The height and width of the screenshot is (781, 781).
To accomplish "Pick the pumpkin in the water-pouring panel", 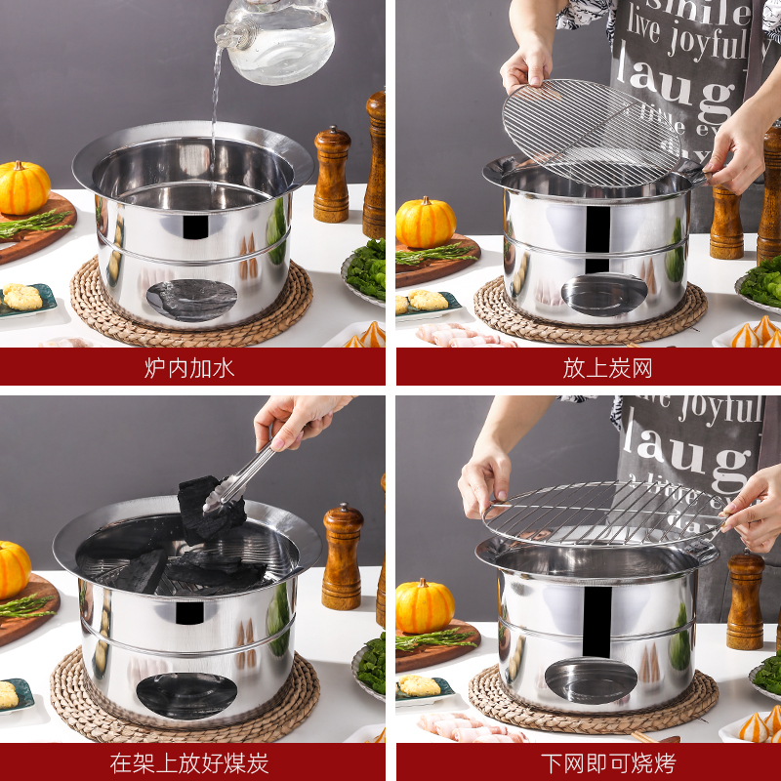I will [x=23, y=187].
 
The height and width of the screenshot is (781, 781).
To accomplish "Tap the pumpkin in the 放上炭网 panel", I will [x=426, y=223].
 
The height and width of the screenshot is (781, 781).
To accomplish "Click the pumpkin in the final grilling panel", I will [x=425, y=606].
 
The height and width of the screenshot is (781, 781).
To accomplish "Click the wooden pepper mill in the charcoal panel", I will [x=342, y=558].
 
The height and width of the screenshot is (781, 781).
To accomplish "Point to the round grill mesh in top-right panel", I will [x=591, y=132].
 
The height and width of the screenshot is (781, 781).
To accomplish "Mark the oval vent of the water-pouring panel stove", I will [x=191, y=299].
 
